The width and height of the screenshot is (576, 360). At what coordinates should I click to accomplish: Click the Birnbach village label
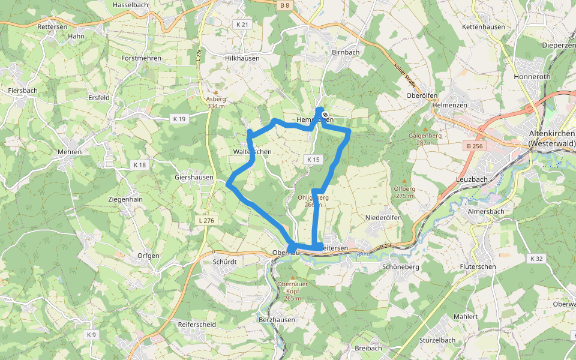pyautogui.click(x=345, y=52)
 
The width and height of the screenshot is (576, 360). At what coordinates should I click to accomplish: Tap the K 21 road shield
pyautogui.click(x=242, y=25)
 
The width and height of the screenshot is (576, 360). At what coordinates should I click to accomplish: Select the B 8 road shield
pyautogui.click(x=284, y=5)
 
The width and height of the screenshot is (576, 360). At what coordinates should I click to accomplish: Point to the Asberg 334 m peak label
pyautogui.click(x=215, y=102)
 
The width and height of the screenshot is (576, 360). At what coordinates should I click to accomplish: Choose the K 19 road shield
pyautogui.click(x=178, y=119)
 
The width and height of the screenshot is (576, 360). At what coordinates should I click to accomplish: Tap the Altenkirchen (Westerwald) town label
pyautogui.click(x=552, y=139)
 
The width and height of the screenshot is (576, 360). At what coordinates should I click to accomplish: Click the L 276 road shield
pyautogui.click(x=205, y=221)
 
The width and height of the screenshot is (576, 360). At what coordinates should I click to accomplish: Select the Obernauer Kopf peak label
pyautogui.click(x=292, y=294)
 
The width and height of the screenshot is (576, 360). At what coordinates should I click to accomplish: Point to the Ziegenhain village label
pyautogui.click(x=125, y=199)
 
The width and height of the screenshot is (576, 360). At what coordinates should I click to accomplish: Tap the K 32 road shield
pyautogui.click(x=536, y=259)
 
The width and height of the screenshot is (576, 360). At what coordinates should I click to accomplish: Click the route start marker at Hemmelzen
pyautogui.click(x=325, y=114)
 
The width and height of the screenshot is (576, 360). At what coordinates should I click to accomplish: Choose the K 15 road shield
pyautogui.click(x=313, y=160)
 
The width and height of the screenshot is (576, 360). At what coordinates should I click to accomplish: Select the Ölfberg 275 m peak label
pyautogui.click(x=404, y=192)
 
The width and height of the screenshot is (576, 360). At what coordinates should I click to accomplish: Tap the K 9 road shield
pyautogui.click(x=91, y=334)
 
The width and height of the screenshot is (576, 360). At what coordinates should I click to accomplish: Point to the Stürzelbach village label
pyautogui.click(x=437, y=340)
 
